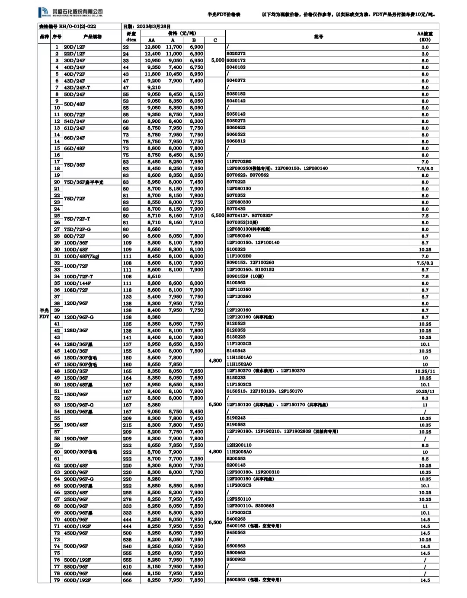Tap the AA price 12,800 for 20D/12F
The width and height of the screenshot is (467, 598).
coord(153,47)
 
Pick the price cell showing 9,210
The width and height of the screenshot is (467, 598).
coord(154,88)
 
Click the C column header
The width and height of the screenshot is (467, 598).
coord(215,40)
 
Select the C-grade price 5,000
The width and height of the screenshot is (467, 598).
coord(218,60)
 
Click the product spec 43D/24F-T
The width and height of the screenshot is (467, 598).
coord(77,88)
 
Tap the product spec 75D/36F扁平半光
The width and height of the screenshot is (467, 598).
coord(83,182)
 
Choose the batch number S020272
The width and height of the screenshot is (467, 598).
coord(236,54)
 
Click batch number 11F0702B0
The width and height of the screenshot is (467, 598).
coord(239,162)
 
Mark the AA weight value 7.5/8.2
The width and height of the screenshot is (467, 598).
coord(425,263)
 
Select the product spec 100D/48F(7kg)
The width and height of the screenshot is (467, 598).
coord(81,257)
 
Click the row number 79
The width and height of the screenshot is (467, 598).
coord(57,580)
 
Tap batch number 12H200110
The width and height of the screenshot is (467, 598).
coord(239,445)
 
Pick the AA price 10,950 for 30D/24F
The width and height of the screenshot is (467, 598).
coord(153,60)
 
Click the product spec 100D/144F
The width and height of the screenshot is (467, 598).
coord(77,283)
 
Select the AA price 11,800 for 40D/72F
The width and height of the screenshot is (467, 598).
coord(153,74)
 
